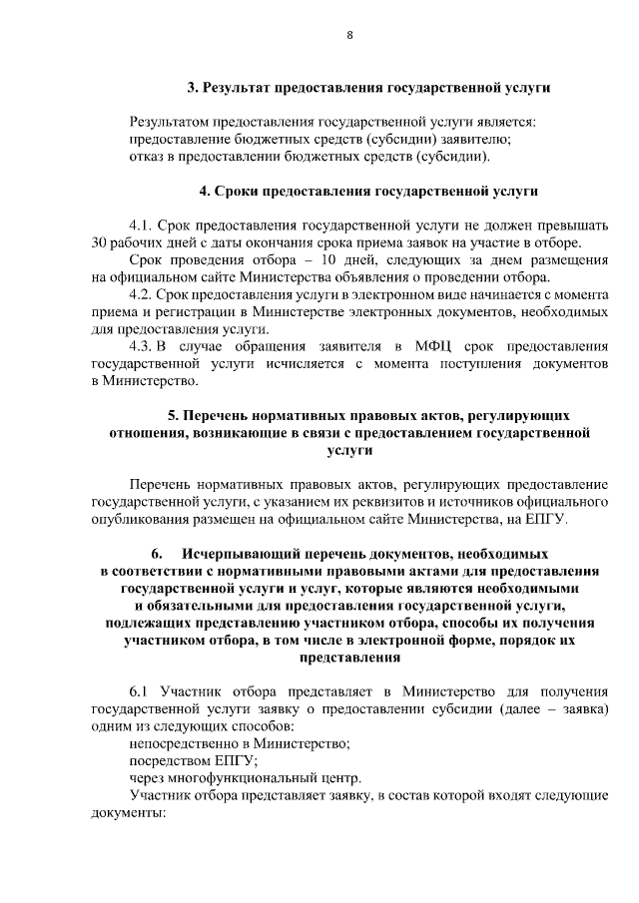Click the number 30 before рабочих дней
coord(98,242)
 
